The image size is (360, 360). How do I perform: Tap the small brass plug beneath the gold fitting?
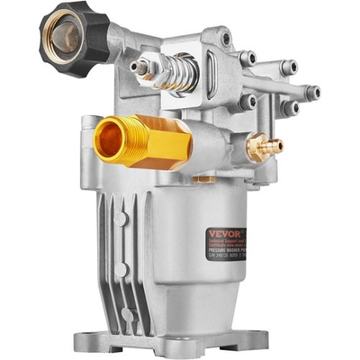(203, 178)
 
